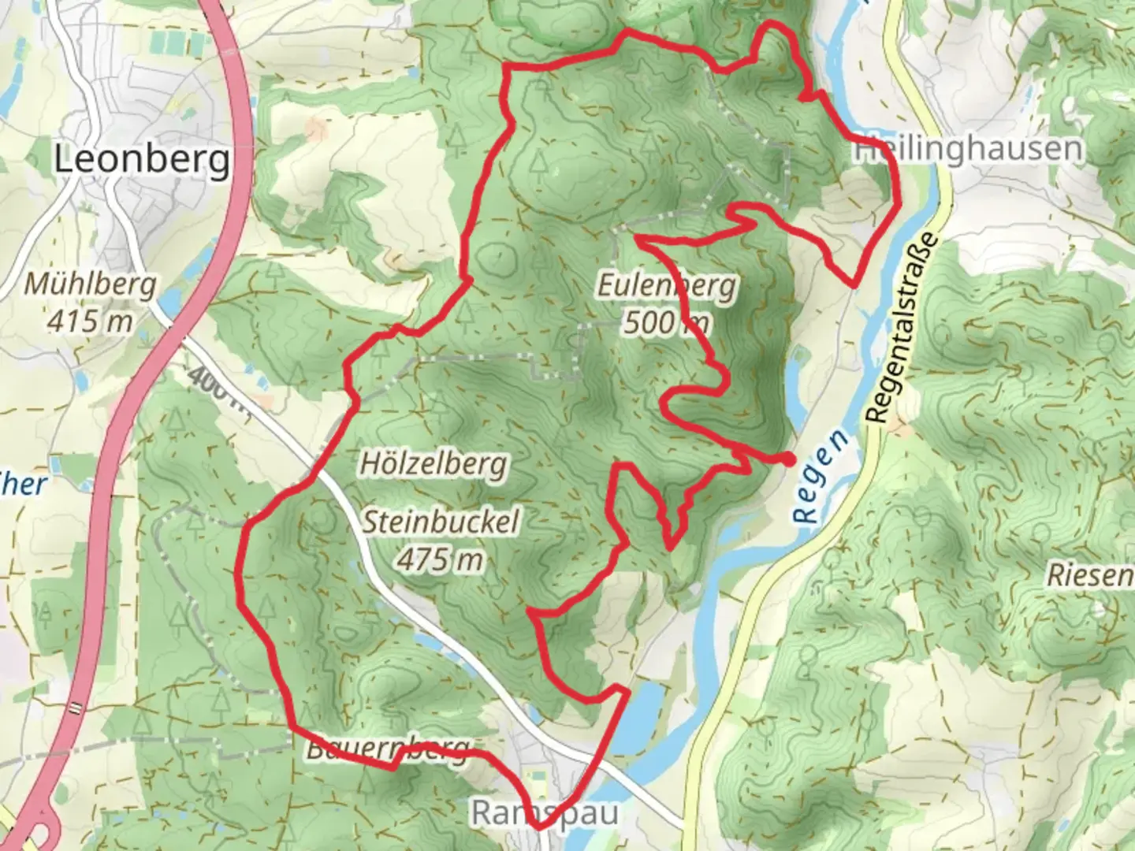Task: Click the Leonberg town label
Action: point(143,160)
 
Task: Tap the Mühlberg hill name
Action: point(90,284)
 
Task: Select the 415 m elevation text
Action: point(90,321)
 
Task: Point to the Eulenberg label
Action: point(666,286)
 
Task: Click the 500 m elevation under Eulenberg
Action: point(666,322)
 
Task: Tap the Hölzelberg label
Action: point(433,463)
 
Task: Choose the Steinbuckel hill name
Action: point(441,522)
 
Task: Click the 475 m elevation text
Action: point(439,559)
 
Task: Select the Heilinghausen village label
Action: point(969,149)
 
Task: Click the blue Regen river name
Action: point(822,477)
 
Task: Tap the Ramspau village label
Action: point(544,813)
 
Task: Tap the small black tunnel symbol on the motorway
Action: point(76,707)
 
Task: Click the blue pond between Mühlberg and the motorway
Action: point(170,301)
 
